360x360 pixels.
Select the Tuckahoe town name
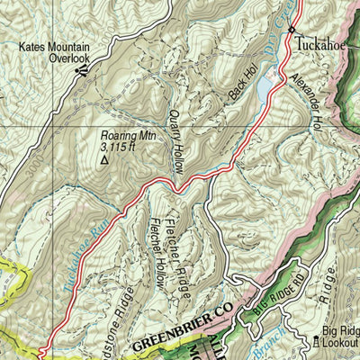coord(319,42)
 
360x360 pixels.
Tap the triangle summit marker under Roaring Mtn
coord(104,160)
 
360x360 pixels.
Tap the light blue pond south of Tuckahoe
coord(265,88)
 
